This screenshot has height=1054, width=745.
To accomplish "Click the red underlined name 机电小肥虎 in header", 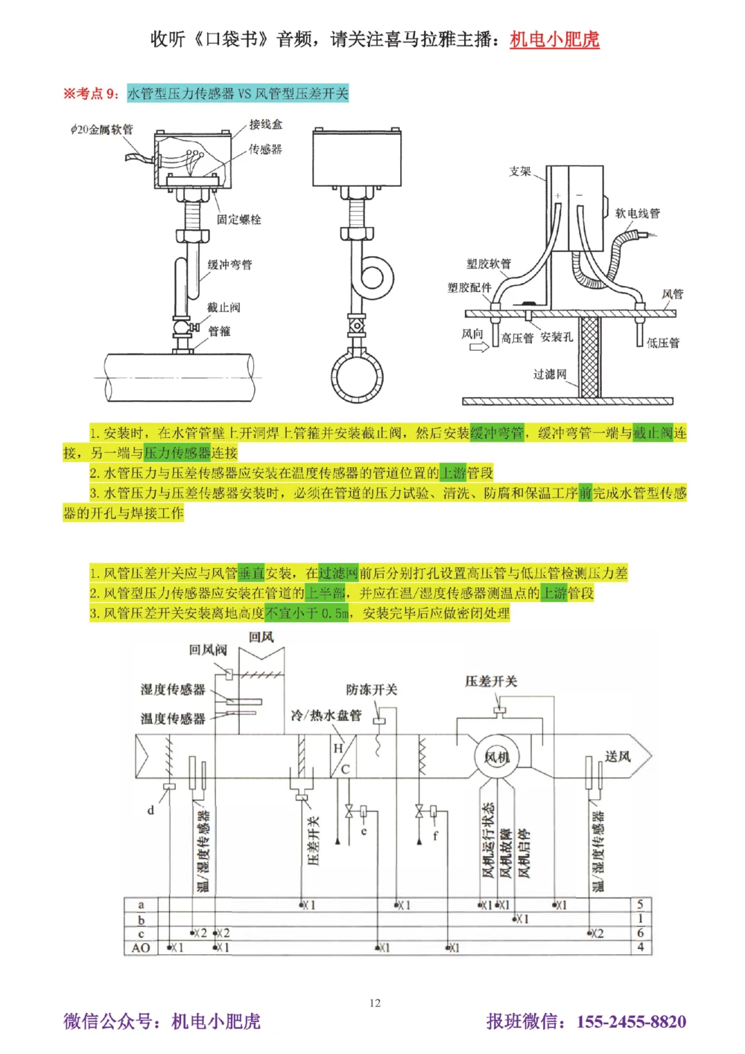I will click(x=554, y=39).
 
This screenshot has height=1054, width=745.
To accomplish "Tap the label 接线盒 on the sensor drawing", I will click(x=265, y=124).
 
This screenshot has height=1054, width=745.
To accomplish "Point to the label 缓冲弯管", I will click(x=229, y=264).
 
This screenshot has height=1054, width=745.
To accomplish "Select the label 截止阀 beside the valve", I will click(x=223, y=308).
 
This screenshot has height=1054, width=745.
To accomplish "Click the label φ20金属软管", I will click(x=102, y=130).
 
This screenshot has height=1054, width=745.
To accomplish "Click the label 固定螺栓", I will click(x=238, y=219).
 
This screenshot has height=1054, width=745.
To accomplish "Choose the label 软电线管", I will click(x=637, y=213).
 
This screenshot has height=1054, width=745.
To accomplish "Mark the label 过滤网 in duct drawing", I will click(x=550, y=374).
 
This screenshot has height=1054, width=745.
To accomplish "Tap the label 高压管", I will click(x=517, y=338).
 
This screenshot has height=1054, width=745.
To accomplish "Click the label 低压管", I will click(x=662, y=343).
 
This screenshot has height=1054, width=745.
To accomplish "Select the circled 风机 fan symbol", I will click(x=496, y=758).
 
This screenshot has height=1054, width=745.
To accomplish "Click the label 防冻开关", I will click(x=372, y=690).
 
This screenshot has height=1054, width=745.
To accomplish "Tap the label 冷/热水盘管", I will click(x=326, y=715).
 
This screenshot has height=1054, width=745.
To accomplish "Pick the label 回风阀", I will click(x=207, y=650).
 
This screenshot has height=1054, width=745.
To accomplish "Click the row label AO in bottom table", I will click(x=141, y=947).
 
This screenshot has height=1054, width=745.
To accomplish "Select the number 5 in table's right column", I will click(x=640, y=904).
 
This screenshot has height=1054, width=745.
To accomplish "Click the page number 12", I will click(x=375, y=1003).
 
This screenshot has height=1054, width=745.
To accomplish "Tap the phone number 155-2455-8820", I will click(x=631, y=1021).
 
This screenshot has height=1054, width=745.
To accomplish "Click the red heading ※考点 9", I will click(x=91, y=93).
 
